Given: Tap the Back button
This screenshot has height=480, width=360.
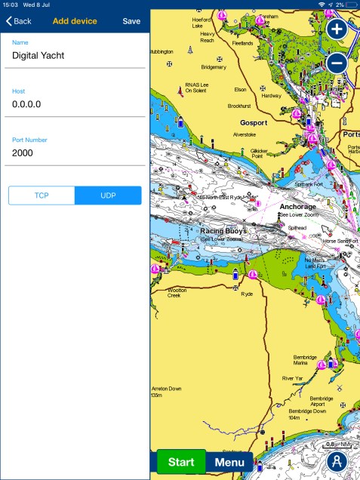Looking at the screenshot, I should point(19,21).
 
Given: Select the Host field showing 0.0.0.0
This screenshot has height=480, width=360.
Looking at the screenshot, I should point(75,104).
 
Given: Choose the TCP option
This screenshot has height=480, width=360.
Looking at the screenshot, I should point(42,195).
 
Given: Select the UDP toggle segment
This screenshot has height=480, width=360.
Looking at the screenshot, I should point(108,195).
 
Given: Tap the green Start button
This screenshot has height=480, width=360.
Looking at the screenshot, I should point(181,462).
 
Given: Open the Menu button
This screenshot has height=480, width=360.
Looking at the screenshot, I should point(229,462).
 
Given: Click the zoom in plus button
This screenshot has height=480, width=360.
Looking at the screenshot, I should point(337,30).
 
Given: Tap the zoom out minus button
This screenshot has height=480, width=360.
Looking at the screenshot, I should point(337,63).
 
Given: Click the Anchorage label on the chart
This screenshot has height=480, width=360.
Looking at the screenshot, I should point(297,206).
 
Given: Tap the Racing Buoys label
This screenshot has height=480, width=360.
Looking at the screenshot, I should point(223,230).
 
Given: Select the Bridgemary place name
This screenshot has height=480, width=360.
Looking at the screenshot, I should point(213,67).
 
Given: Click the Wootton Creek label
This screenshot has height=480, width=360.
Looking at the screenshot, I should point(179,293).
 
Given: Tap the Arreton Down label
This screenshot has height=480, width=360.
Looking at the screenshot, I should point(166,391).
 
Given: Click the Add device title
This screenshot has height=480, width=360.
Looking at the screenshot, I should point(75,21).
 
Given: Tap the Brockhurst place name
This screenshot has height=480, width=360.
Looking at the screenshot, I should point(239,106).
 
